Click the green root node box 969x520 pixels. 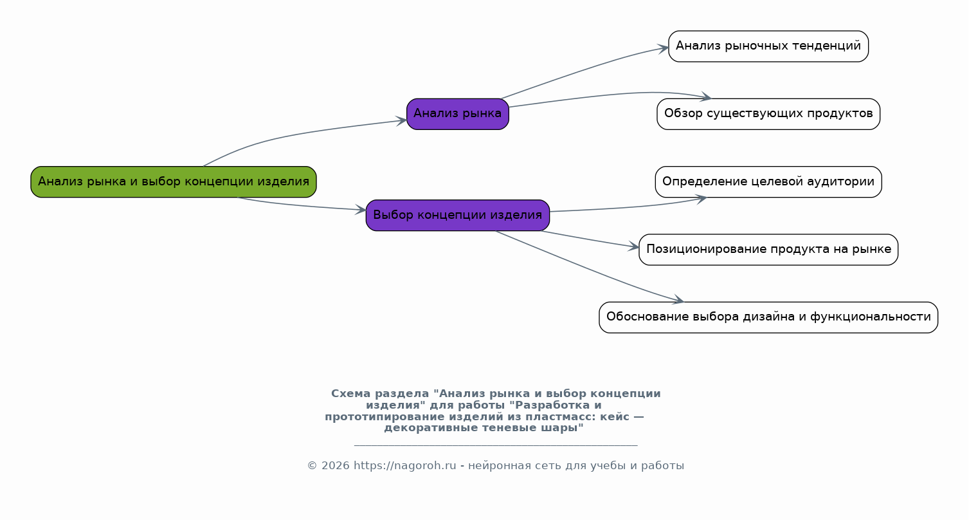[174, 182]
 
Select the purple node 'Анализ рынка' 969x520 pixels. [458, 114]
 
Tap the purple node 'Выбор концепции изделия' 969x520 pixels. [458, 215]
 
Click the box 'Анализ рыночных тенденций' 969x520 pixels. [768, 46]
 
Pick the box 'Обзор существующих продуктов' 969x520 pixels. [768, 114]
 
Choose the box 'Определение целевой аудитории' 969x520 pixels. [768, 182]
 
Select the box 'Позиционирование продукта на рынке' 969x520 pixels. [768, 250]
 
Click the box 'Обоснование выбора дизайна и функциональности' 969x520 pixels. [768, 317]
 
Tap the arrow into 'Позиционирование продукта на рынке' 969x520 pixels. [592, 239]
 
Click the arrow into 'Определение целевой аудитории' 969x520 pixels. [630, 207]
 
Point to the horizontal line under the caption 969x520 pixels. [495, 445]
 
